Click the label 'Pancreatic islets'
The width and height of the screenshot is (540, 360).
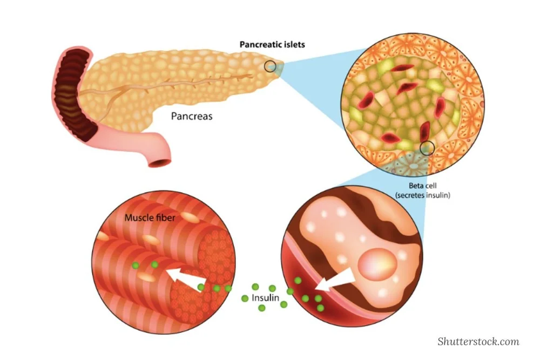pos(272,44)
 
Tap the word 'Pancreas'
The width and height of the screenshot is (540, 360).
pos(192,116)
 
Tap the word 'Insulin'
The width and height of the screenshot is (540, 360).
pos(264,297)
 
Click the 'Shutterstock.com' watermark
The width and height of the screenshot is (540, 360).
pos(478,341)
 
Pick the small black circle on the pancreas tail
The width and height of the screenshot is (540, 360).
pos(271,67)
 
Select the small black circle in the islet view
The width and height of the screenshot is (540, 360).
pos(427,147)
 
